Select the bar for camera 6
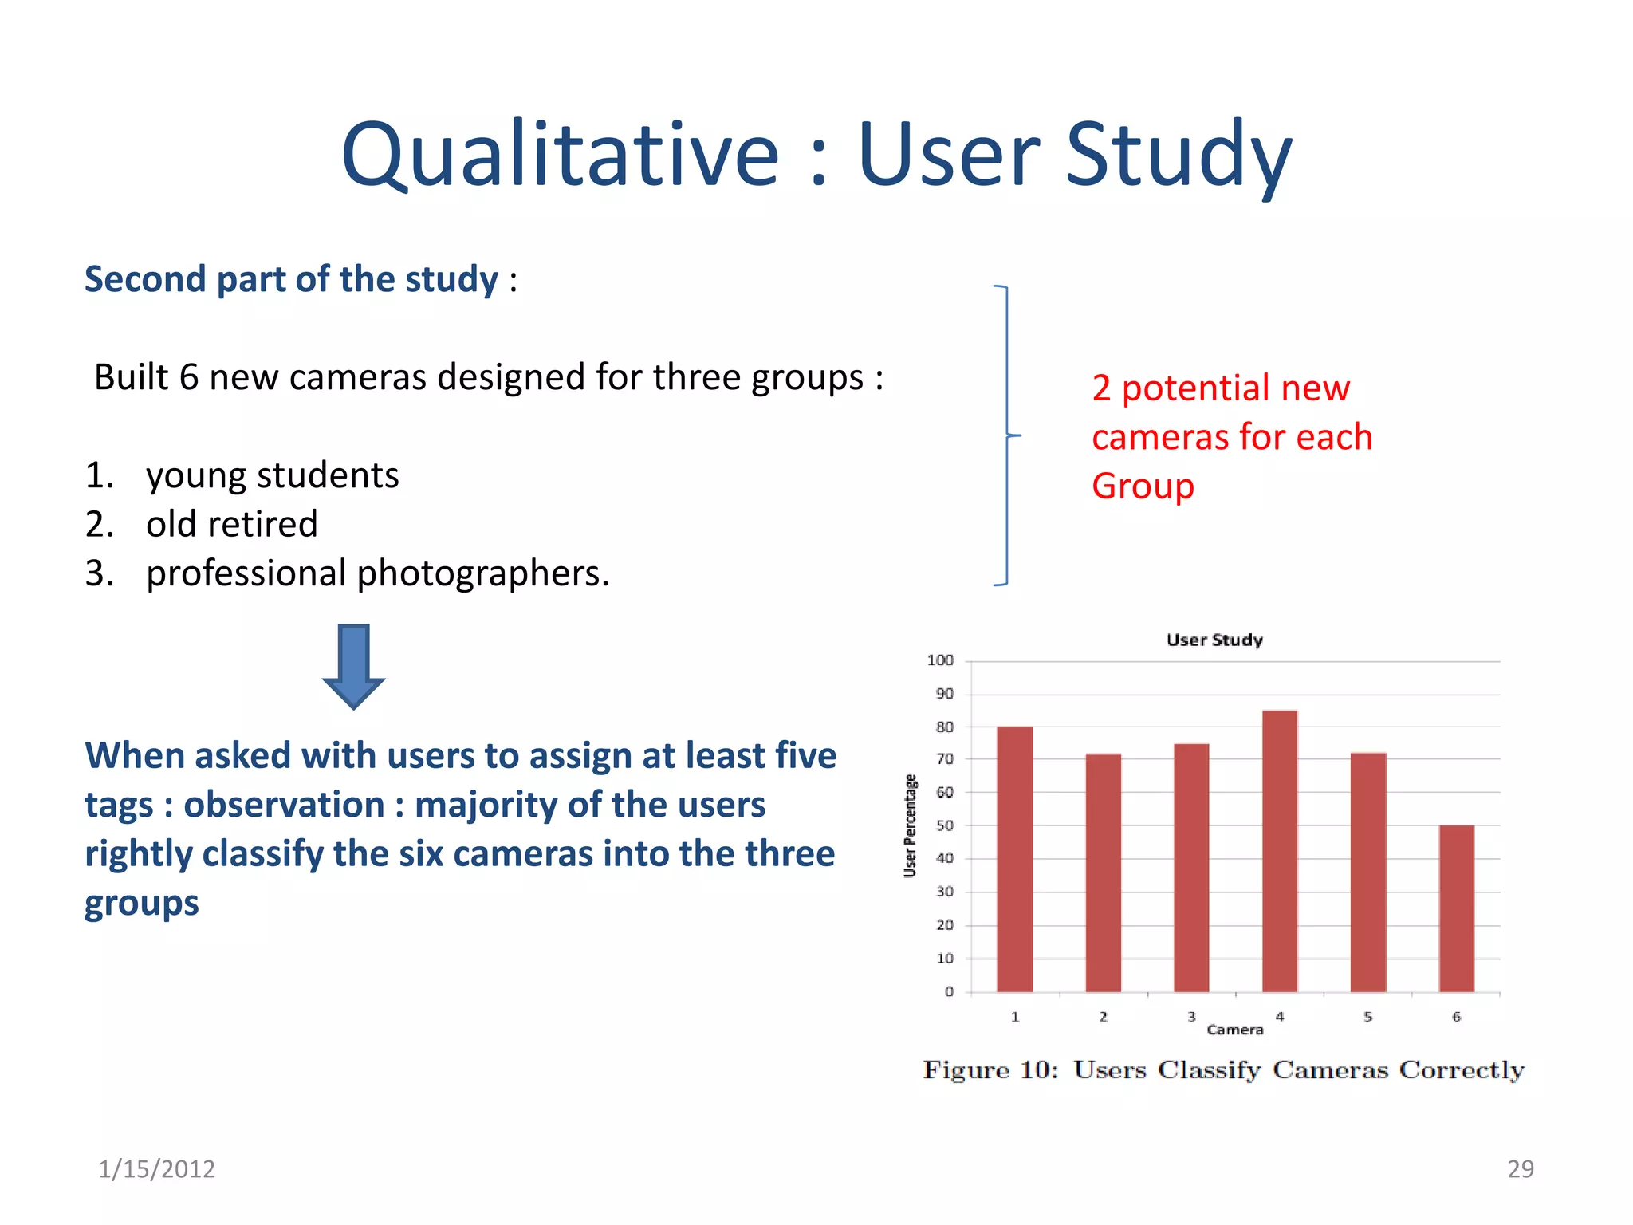coord(1456,908)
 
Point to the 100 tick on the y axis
coord(940,660)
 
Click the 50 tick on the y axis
coord(944,825)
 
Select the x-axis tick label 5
coord(1367,1017)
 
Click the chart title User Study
coord(1214,640)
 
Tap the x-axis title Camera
coord(1234,1030)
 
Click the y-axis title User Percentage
coord(910,825)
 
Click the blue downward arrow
coord(353,666)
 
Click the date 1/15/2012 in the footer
coord(156,1168)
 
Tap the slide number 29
coord(1520,1168)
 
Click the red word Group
coord(1143,486)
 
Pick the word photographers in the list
coord(482,573)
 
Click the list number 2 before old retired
coord(99,525)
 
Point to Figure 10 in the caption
coord(989,1069)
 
